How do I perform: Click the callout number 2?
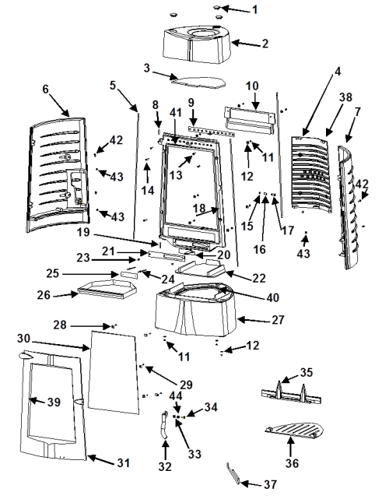click(x=265, y=44)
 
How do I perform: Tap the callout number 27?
click(x=278, y=319)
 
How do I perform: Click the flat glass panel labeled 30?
click(x=114, y=372)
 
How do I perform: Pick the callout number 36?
click(x=292, y=463)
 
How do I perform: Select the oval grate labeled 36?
click(x=294, y=430)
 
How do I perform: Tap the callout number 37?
click(x=271, y=484)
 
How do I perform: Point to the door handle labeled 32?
click(x=165, y=425)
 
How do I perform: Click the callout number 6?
click(x=45, y=89)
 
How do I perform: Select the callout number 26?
click(x=44, y=295)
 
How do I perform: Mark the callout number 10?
click(x=252, y=86)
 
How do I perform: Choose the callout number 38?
click(x=345, y=97)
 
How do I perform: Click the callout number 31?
click(x=123, y=462)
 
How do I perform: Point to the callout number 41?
click(x=175, y=112)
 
